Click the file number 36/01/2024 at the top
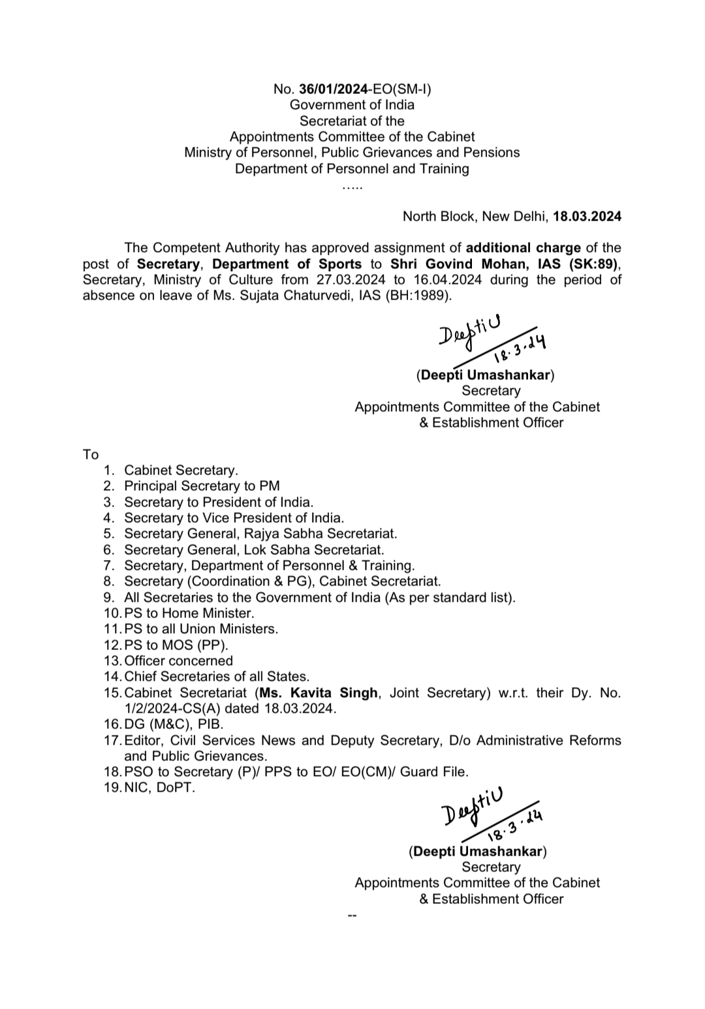[334, 89]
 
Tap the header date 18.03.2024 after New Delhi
[587, 216]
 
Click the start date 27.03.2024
[347, 279]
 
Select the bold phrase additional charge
[523, 248]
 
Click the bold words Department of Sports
[287, 264]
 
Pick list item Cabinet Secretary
[181, 470]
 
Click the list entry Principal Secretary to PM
[202, 486]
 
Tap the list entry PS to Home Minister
[189, 613]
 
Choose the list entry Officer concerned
[178, 660]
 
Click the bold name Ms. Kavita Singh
[319, 692]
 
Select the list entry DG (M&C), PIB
[174, 724]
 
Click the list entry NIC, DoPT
[159, 787]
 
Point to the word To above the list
[91, 454]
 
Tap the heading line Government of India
[352, 104]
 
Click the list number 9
[109, 597]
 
